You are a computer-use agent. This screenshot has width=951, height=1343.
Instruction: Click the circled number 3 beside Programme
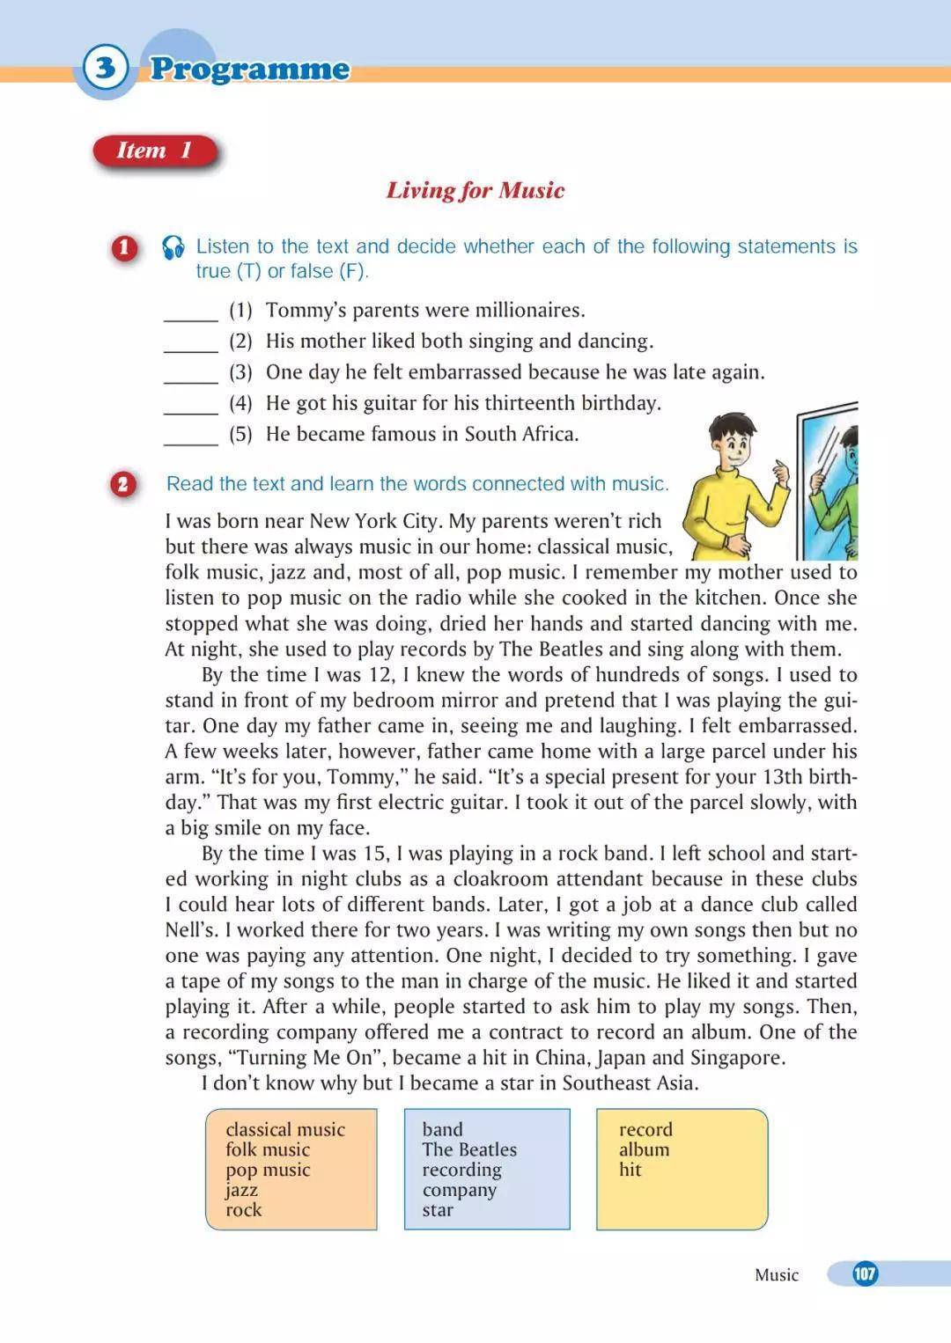(106, 68)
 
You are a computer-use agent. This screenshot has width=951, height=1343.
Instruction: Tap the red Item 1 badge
(154, 150)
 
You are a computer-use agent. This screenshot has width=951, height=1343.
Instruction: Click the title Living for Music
(475, 190)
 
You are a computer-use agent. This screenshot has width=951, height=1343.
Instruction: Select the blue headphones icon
(173, 247)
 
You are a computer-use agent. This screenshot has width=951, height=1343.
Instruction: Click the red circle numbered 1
(124, 247)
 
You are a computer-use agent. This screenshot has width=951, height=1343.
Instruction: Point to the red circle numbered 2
(123, 484)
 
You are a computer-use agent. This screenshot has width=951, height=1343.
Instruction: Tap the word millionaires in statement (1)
(529, 310)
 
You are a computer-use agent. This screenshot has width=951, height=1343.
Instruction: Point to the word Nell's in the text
(189, 929)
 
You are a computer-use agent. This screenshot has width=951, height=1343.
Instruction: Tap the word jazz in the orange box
(241, 1190)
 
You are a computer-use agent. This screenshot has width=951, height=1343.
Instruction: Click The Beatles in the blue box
(469, 1149)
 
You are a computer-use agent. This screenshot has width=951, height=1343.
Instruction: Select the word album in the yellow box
(644, 1149)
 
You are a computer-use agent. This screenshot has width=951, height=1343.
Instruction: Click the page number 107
(865, 1273)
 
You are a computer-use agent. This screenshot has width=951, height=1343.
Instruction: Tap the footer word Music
(776, 1274)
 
